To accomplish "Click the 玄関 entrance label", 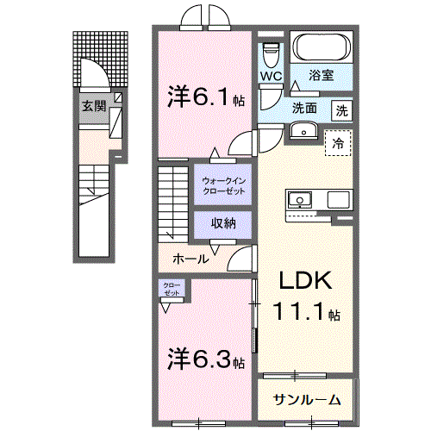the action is [94, 107].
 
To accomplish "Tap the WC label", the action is [272, 76].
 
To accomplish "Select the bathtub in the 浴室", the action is [322, 47].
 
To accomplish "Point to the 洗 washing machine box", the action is [341, 111].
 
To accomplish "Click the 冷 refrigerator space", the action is [338, 143].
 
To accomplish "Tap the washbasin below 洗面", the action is [303, 130].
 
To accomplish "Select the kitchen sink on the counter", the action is [300, 199].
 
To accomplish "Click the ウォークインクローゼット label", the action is [223, 186].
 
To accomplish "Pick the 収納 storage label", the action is [223, 223].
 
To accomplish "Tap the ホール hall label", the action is [191, 259].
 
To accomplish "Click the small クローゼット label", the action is [172, 289].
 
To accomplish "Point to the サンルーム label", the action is [307, 400].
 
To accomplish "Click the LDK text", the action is [306, 281].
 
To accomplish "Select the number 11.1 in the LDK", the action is [300, 311].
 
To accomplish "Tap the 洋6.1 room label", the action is [206, 97].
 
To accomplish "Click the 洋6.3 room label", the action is [206, 359].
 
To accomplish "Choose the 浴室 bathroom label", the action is [321, 75].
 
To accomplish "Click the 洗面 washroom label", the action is [304, 108].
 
